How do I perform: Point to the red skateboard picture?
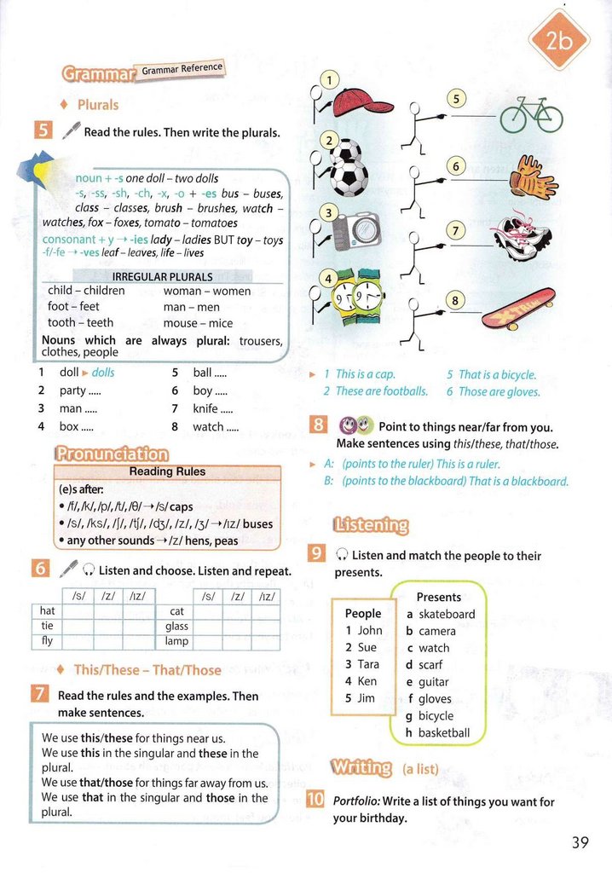518,308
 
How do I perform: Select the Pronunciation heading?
112,454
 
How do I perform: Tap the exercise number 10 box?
315,800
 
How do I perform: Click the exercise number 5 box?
43,130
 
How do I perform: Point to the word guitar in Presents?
433,682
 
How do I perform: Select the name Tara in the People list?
368,664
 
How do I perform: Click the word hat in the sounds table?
47,610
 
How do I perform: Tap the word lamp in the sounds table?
177,641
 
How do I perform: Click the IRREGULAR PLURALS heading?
162,276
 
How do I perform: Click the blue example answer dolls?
102,373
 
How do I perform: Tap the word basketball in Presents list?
443,733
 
